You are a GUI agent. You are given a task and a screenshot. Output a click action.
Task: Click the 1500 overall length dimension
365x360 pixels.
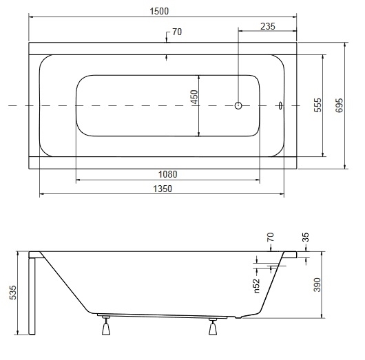pos(159,11)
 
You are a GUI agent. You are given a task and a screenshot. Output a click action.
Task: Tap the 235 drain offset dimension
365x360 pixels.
pos(268,26)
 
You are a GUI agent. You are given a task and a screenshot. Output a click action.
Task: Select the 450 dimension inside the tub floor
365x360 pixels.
pos(194,97)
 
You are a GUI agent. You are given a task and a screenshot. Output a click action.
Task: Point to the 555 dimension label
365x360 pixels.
pos(317,105)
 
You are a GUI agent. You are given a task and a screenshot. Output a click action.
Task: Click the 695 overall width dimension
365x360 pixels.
pos(339,105)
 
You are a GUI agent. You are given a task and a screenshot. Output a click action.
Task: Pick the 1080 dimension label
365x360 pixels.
pos(167,174)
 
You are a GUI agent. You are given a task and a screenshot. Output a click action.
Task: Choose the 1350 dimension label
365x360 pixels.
pos(163,189)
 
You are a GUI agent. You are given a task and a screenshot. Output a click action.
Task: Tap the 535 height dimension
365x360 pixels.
pos(13,293)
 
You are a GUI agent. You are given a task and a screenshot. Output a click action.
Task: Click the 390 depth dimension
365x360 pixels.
pos(317,284)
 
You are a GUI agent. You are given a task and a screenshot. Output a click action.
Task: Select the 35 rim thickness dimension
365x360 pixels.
pos(305,237)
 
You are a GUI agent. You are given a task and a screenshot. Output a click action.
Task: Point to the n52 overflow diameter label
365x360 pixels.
pos(256,286)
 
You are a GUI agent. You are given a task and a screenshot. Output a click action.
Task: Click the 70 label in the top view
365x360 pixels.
pos(177,32)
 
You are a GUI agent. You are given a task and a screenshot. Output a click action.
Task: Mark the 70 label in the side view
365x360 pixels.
pos(271,237)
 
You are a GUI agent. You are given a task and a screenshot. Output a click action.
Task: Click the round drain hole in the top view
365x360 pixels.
pos(238,105)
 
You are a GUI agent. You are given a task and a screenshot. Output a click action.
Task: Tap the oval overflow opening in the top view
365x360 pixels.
pos(281,105)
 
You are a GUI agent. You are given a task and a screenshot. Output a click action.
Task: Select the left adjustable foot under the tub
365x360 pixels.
pos(106,325)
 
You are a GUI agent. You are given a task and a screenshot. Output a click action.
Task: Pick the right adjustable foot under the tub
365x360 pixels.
pos(213,326)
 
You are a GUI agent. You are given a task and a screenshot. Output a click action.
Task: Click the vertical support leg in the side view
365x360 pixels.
pos(32,296)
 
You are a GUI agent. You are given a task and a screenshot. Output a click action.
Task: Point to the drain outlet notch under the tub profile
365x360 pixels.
pos(238,317)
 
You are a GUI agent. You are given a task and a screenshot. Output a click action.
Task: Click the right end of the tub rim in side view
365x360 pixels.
pos(297,255)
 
